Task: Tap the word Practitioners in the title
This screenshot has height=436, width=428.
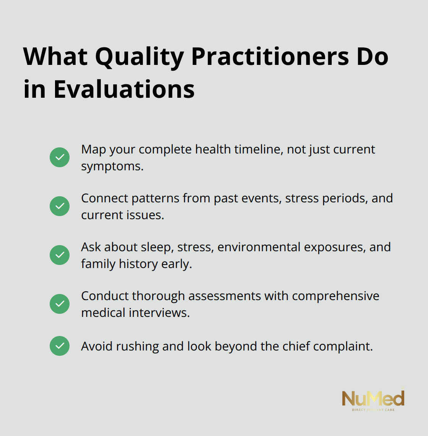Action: tap(270, 57)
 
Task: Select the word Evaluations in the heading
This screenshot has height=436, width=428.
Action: tap(124, 89)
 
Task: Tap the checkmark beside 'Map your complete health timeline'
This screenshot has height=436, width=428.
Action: tap(60, 157)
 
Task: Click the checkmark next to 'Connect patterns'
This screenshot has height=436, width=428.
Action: tap(60, 206)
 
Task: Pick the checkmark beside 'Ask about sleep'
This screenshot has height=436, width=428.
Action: tap(60, 255)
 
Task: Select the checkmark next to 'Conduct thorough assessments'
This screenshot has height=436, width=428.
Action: tap(60, 304)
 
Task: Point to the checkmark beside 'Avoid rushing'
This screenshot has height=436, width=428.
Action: tap(60, 346)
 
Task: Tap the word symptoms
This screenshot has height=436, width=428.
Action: tap(112, 166)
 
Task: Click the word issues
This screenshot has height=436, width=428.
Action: tap(148, 215)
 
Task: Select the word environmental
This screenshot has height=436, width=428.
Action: tap(259, 247)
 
